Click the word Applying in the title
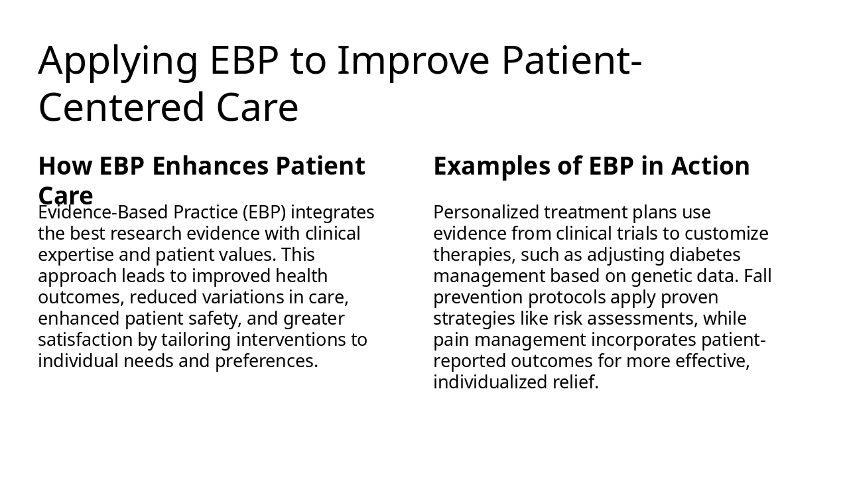point(118,62)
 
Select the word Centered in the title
point(121,108)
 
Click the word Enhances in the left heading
point(210,166)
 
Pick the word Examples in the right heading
point(491,167)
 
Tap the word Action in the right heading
point(710,166)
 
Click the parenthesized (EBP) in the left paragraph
point(264,212)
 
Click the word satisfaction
point(86,340)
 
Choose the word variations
point(243,297)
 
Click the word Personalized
point(486,212)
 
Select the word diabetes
point(705,255)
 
